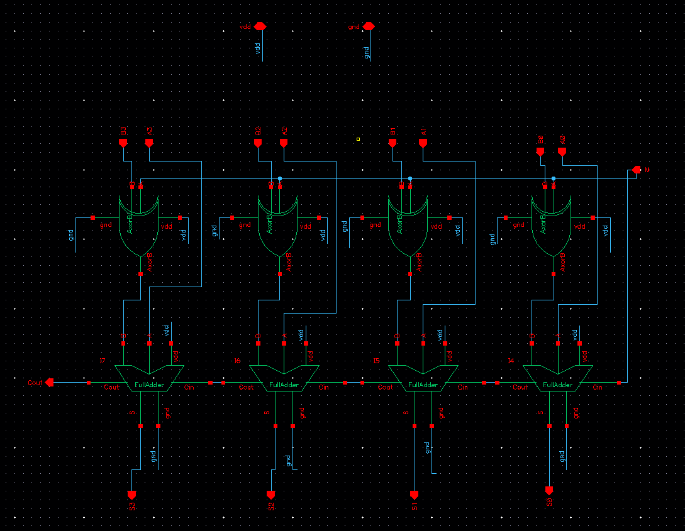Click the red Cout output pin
(x=50, y=382)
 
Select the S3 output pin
(x=132, y=494)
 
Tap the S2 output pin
(x=271, y=494)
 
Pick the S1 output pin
(x=415, y=494)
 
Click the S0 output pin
(x=549, y=490)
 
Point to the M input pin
(x=637, y=170)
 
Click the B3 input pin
(x=123, y=143)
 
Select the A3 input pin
(x=149, y=143)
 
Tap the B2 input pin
(x=258, y=143)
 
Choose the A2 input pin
(x=284, y=143)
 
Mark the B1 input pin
(x=393, y=143)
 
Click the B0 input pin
(x=540, y=152)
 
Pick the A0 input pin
(x=562, y=152)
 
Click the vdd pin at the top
(x=260, y=26)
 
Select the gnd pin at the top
(x=369, y=26)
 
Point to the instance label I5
(x=376, y=361)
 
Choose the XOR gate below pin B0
(x=552, y=226)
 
